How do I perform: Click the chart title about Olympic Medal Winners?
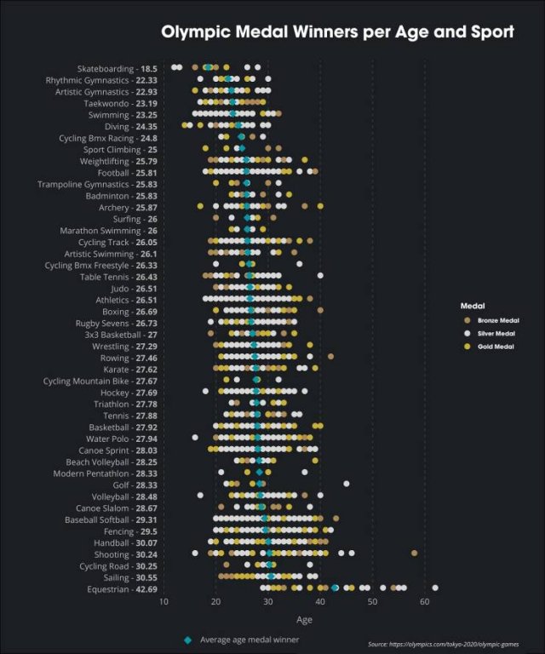(337, 32)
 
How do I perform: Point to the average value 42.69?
(146, 589)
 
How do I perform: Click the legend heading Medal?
(473, 305)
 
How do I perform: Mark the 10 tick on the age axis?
(163, 603)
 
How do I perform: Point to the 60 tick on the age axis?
(424, 603)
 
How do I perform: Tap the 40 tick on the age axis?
(320, 603)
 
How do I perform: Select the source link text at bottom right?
(445, 645)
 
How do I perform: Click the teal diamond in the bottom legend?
(186, 640)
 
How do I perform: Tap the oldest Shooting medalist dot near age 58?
(414, 553)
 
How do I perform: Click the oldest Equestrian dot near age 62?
(435, 588)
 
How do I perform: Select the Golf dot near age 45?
(347, 484)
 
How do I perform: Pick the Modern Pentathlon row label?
(93, 473)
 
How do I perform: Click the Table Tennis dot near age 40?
(320, 275)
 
